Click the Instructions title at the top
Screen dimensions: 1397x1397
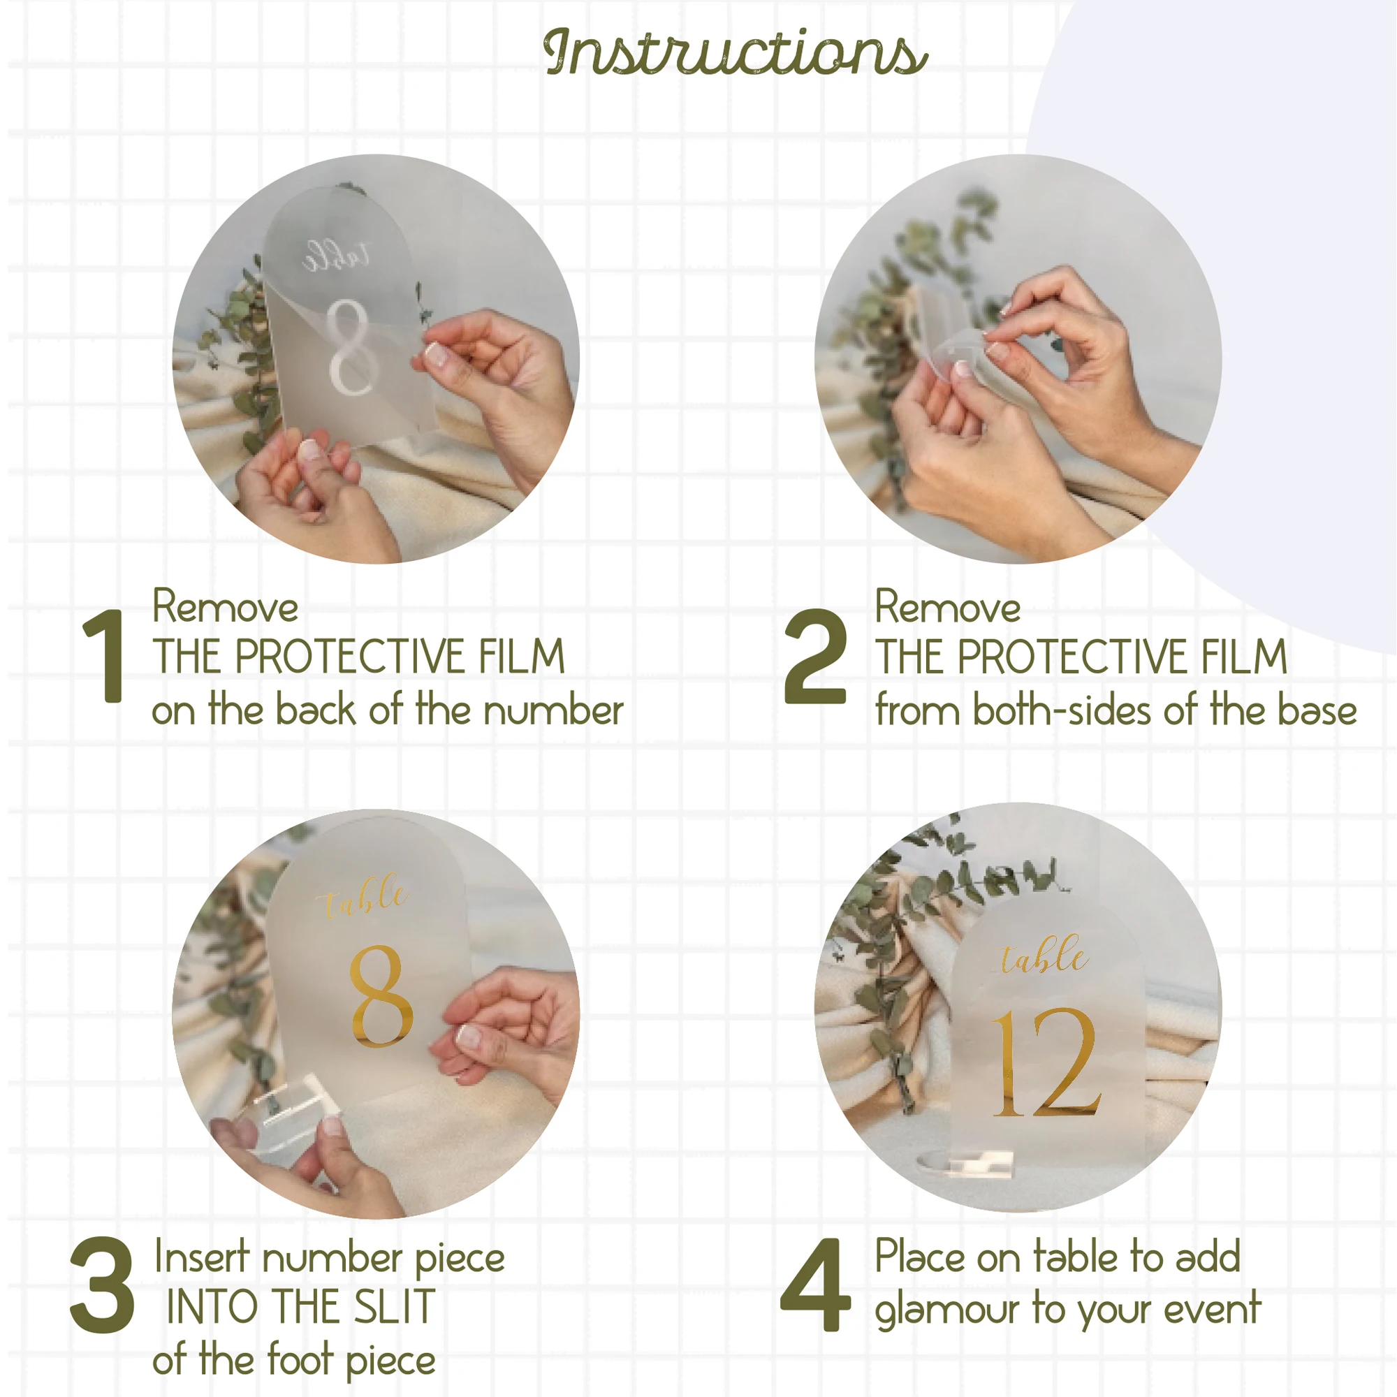[736, 52]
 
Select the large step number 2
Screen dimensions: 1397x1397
[815, 656]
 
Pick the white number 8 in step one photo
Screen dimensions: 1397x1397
[348, 347]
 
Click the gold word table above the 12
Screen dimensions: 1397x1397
[1044, 954]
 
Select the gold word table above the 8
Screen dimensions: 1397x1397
[364, 898]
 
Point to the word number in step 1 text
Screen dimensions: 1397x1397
[553, 710]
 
